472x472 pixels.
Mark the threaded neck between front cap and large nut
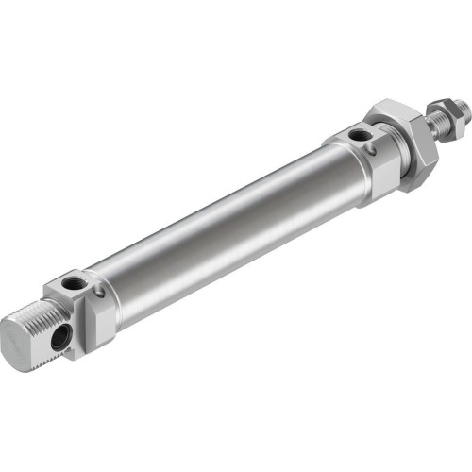[387, 151]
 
